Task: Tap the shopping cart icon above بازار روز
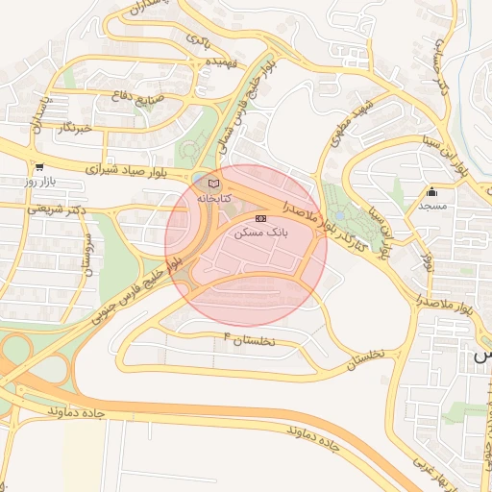coord(37,166)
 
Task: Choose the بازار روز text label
coord(43,181)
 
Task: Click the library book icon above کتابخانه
coord(213,183)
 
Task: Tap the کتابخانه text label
coord(214,196)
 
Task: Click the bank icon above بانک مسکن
coord(261,220)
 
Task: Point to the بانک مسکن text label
coord(261,234)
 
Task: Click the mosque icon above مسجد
coord(431,191)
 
